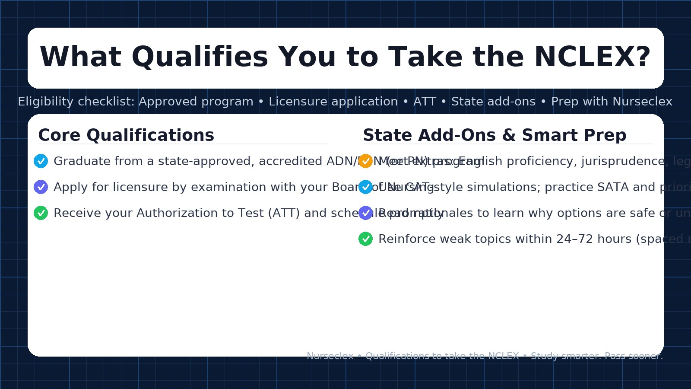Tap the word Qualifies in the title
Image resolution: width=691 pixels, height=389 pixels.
[200, 57]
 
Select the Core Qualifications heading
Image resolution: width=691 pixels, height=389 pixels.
[126, 135]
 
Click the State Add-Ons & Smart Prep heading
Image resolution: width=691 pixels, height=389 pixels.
[494, 135]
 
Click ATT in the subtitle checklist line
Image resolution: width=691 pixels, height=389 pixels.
[425, 102]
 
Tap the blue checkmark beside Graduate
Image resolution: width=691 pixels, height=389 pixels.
[41, 161]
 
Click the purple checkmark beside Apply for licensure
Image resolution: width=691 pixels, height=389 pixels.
[41, 187]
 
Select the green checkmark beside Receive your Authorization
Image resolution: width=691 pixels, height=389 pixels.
[41, 213]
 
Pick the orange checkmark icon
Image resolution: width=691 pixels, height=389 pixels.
[365, 161]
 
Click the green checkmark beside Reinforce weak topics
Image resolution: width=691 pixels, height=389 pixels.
[365, 239]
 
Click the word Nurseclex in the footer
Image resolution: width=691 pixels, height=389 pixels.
[330, 356]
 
